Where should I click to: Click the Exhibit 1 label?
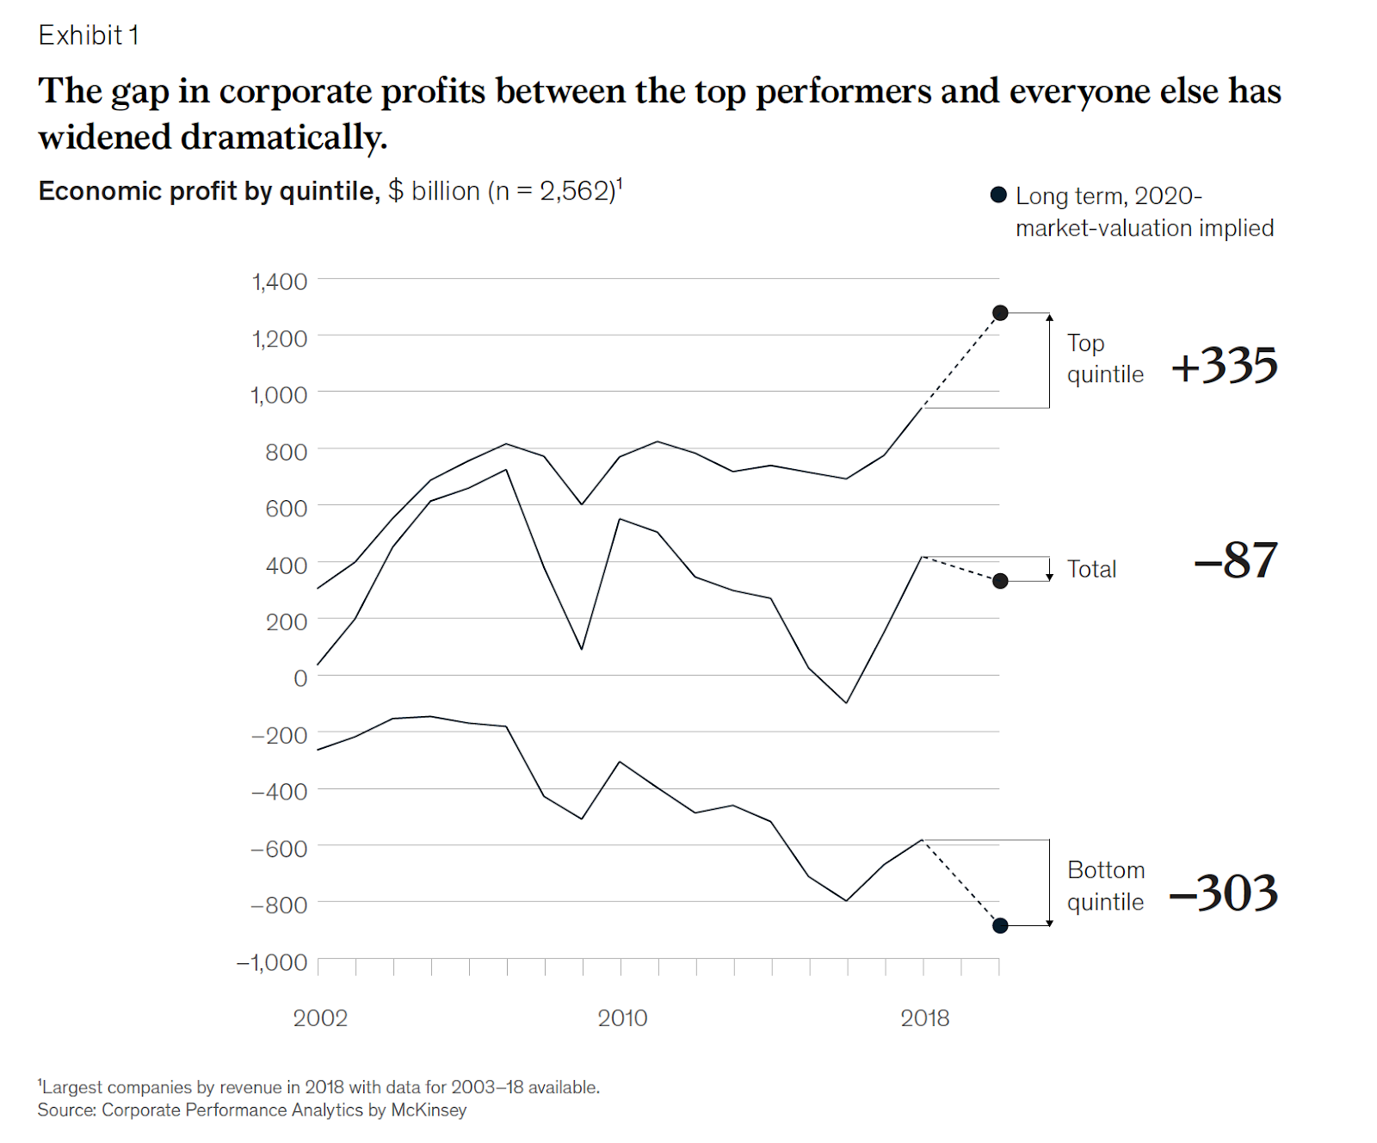click(x=89, y=35)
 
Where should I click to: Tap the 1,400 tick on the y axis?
click(x=279, y=281)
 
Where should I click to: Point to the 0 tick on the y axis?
click(x=299, y=678)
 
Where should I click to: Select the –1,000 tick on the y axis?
click(x=272, y=962)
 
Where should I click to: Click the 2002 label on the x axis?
click(x=320, y=1018)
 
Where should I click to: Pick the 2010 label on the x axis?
click(x=622, y=1018)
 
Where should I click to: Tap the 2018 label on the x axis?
click(x=924, y=1018)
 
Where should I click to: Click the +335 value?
click(x=1224, y=365)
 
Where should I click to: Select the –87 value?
click(x=1236, y=560)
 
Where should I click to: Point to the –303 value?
click(x=1224, y=893)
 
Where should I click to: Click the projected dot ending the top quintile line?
click(x=1000, y=312)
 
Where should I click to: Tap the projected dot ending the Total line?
click(x=1000, y=581)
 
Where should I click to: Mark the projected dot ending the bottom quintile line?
click(x=1000, y=925)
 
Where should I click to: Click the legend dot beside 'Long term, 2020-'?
click(x=998, y=195)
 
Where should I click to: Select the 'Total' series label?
click(x=1091, y=569)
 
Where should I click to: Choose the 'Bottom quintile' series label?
click(x=1106, y=886)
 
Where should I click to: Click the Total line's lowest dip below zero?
click(x=847, y=702)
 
